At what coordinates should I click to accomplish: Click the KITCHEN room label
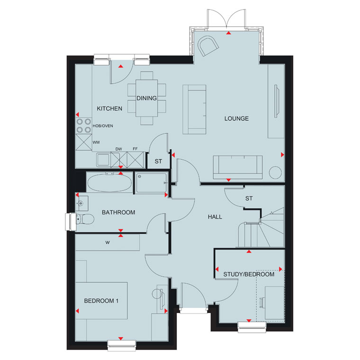tap(109, 108)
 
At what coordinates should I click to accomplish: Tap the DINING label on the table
tap(146, 98)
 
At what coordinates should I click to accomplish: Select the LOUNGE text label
tap(236, 118)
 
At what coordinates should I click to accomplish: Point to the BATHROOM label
tap(118, 212)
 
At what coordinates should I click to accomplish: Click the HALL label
tap(215, 217)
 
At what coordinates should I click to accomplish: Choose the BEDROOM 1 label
tap(101, 301)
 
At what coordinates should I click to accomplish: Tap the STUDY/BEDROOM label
tap(249, 274)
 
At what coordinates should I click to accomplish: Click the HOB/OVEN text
tap(103, 126)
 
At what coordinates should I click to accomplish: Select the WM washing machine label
tap(96, 143)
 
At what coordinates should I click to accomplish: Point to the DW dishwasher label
tap(119, 149)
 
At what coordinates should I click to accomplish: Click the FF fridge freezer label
tap(135, 149)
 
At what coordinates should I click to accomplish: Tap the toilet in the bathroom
tap(84, 219)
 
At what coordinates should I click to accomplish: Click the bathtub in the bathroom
tap(110, 183)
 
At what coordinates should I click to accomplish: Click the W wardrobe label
tap(108, 242)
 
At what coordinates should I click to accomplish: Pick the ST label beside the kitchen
tap(158, 162)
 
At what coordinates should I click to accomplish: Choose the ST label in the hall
tap(249, 198)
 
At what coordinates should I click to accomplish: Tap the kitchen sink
tap(103, 160)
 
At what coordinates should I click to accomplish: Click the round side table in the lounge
tap(275, 172)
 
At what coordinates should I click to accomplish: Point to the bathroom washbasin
tap(81, 203)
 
